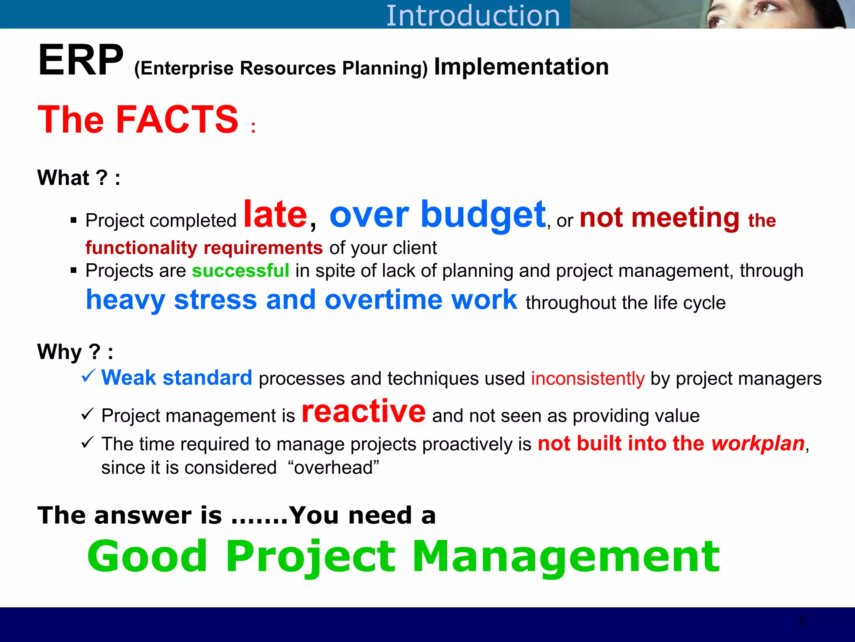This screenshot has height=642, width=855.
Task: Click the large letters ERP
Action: pyautogui.click(x=81, y=61)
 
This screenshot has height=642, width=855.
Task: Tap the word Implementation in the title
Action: pyautogui.click(x=521, y=67)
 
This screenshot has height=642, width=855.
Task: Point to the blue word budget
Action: pyautogui.click(x=483, y=215)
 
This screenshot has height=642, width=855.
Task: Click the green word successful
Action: pyautogui.click(x=240, y=271)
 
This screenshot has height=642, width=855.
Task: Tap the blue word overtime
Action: pyautogui.click(x=383, y=300)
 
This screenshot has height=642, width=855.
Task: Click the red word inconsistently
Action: pyautogui.click(x=587, y=379)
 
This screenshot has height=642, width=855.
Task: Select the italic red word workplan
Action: pyautogui.click(x=758, y=444)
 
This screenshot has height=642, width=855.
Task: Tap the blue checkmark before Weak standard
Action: pyautogui.click(x=89, y=375)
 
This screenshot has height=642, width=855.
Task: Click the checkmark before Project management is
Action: pyautogui.click(x=87, y=414)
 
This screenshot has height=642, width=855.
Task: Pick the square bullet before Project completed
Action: pyautogui.click(x=74, y=220)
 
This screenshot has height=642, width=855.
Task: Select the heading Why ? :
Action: pyautogui.click(x=75, y=352)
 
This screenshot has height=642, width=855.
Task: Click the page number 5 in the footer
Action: pyautogui.click(x=802, y=623)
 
